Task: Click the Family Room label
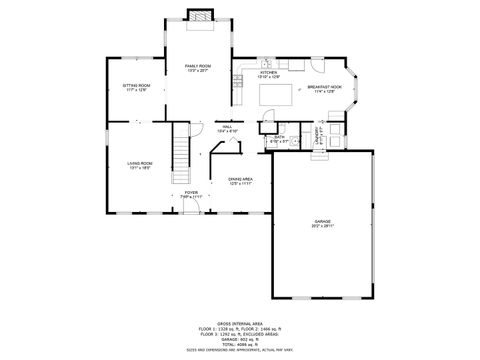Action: tap(196, 68)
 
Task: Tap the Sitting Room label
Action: tap(136, 88)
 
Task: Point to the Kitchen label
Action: tap(269, 74)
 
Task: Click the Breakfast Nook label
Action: tap(325, 90)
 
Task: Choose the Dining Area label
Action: tap(241, 181)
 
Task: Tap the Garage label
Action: tap(323, 223)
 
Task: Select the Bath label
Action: tap(279, 139)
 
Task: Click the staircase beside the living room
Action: tap(181, 151)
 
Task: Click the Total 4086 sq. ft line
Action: tap(240, 344)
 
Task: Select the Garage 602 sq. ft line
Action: tap(240, 339)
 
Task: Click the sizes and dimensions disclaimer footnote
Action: tap(240, 350)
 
